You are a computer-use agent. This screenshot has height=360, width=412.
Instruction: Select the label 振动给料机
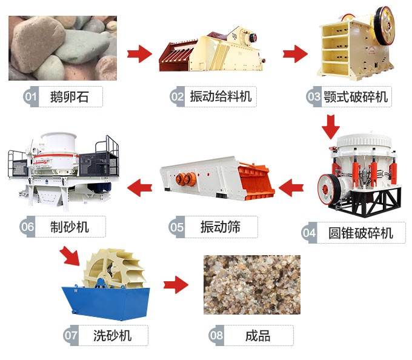(219, 96)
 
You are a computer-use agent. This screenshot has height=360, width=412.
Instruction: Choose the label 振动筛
(221, 227)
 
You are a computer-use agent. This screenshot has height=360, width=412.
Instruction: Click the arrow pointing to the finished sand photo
(175, 284)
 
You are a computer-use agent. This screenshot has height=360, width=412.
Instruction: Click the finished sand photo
(251, 284)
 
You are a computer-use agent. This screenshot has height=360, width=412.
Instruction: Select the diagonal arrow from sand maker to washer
(70, 256)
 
